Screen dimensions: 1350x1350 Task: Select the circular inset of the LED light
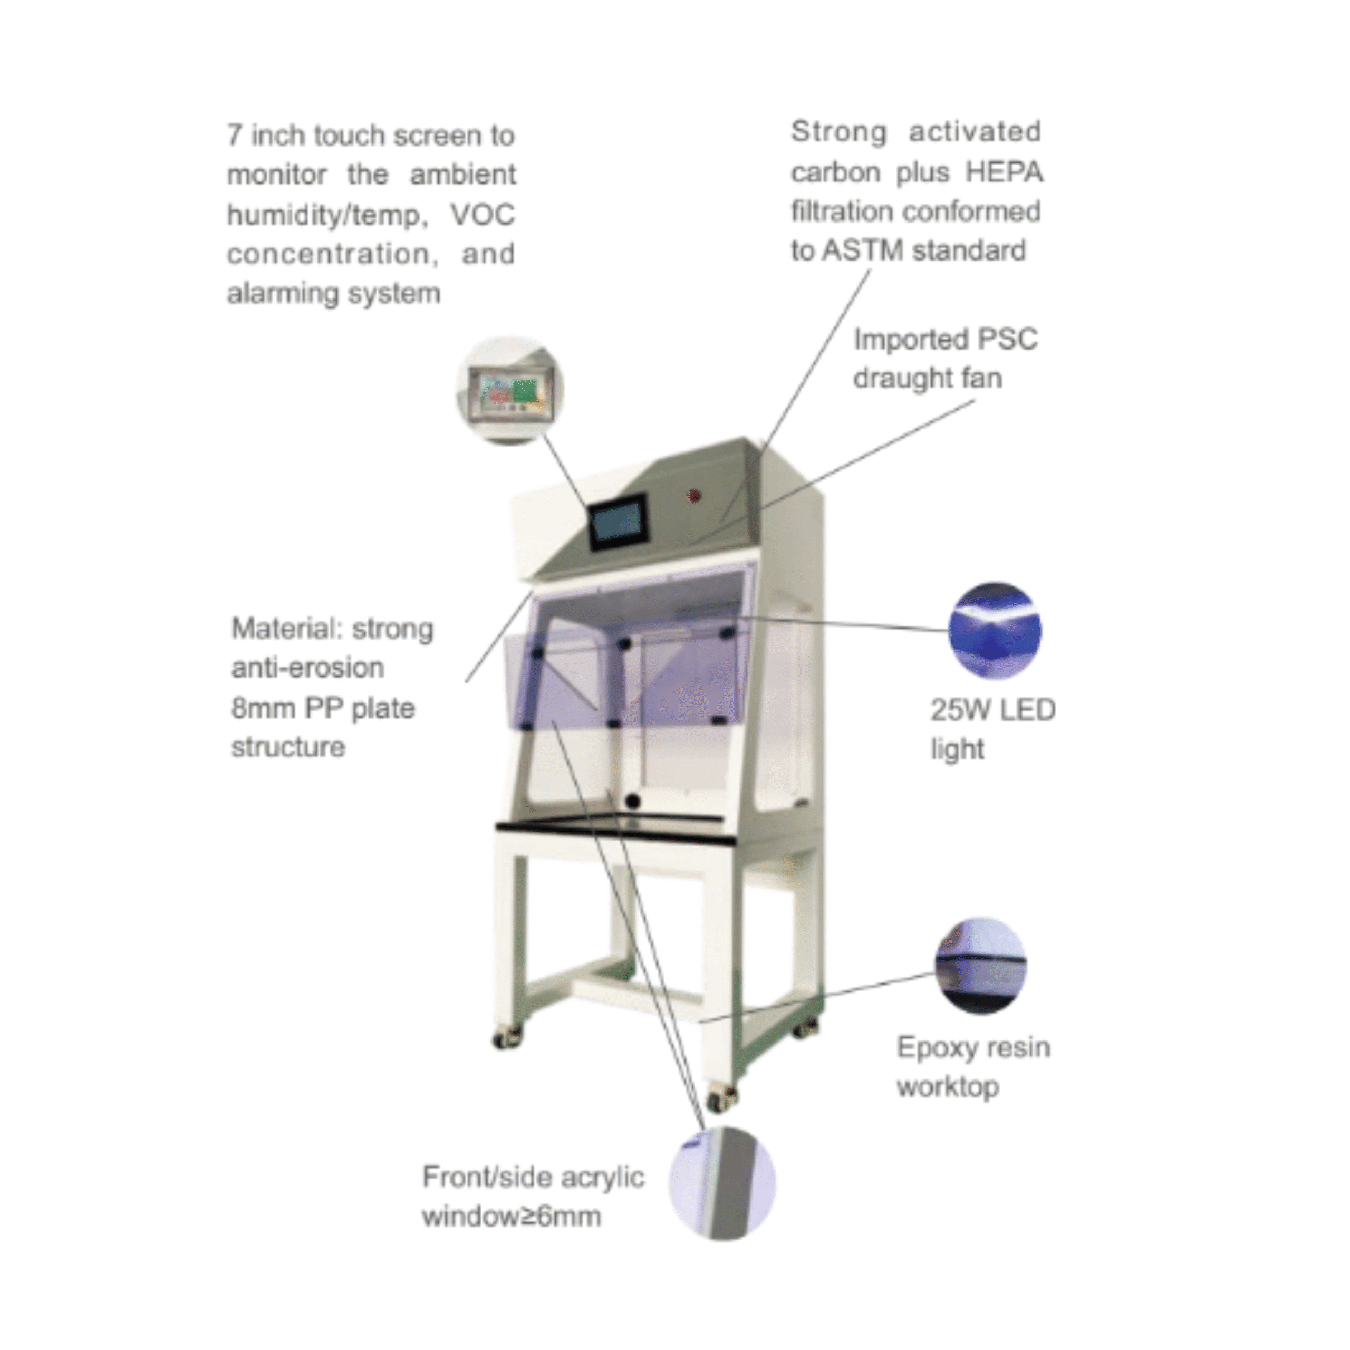pos(995,631)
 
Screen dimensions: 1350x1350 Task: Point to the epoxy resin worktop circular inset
pos(980,967)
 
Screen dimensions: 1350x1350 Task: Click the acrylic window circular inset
pos(722,1184)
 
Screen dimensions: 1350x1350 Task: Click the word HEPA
pos(1004,172)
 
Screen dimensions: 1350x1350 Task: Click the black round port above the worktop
pos(632,800)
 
